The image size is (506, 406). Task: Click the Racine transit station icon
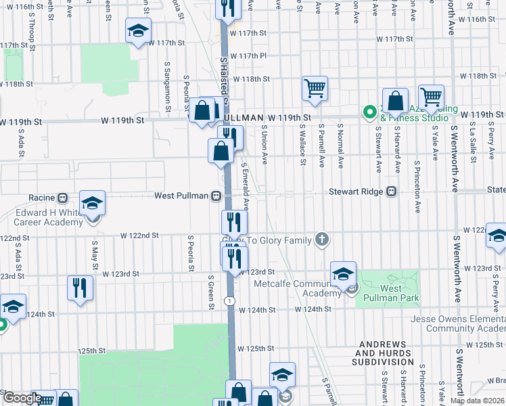pyautogui.click(x=62, y=198)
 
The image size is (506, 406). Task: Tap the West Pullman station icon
pyautogui.click(x=216, y=196)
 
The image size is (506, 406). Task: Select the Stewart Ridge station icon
pyautogui.click(x=391, y=191)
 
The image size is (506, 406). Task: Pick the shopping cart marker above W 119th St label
pyautogui.click(x=315, y=88)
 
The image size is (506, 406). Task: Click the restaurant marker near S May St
pyautogui.click(x=80, y=287)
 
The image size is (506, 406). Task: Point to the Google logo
pyautogui.click(x=22, y=398)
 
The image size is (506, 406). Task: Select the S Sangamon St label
pyautogui.click(x=167, y=85)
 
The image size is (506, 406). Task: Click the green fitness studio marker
pyautogui.click(x=370, y=112)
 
